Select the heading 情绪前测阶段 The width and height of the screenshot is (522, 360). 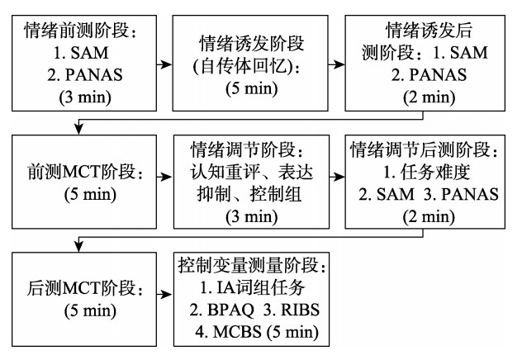click(x=77, y=33)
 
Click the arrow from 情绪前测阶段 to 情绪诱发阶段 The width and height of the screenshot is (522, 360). click(x=158, y=63)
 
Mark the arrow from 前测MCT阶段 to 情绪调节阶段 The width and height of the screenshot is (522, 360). click(x=158, y=175)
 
